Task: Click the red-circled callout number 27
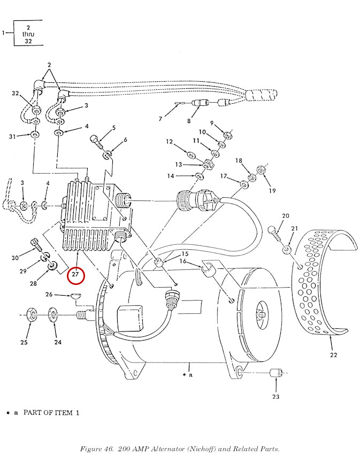click(75, 274)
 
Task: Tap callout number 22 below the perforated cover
click(333, 355)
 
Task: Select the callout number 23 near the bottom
click(275, 397)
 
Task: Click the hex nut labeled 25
click(32, 314)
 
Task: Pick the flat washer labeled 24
click(53, 314)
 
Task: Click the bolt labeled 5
click(97, 142)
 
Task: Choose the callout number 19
click(272, 191)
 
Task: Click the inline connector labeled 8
click(200, 103)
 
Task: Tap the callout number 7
click(160, 119)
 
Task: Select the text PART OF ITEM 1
click(51, 413)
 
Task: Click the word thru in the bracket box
click(28, 34)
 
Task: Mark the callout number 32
click(16, 94)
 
